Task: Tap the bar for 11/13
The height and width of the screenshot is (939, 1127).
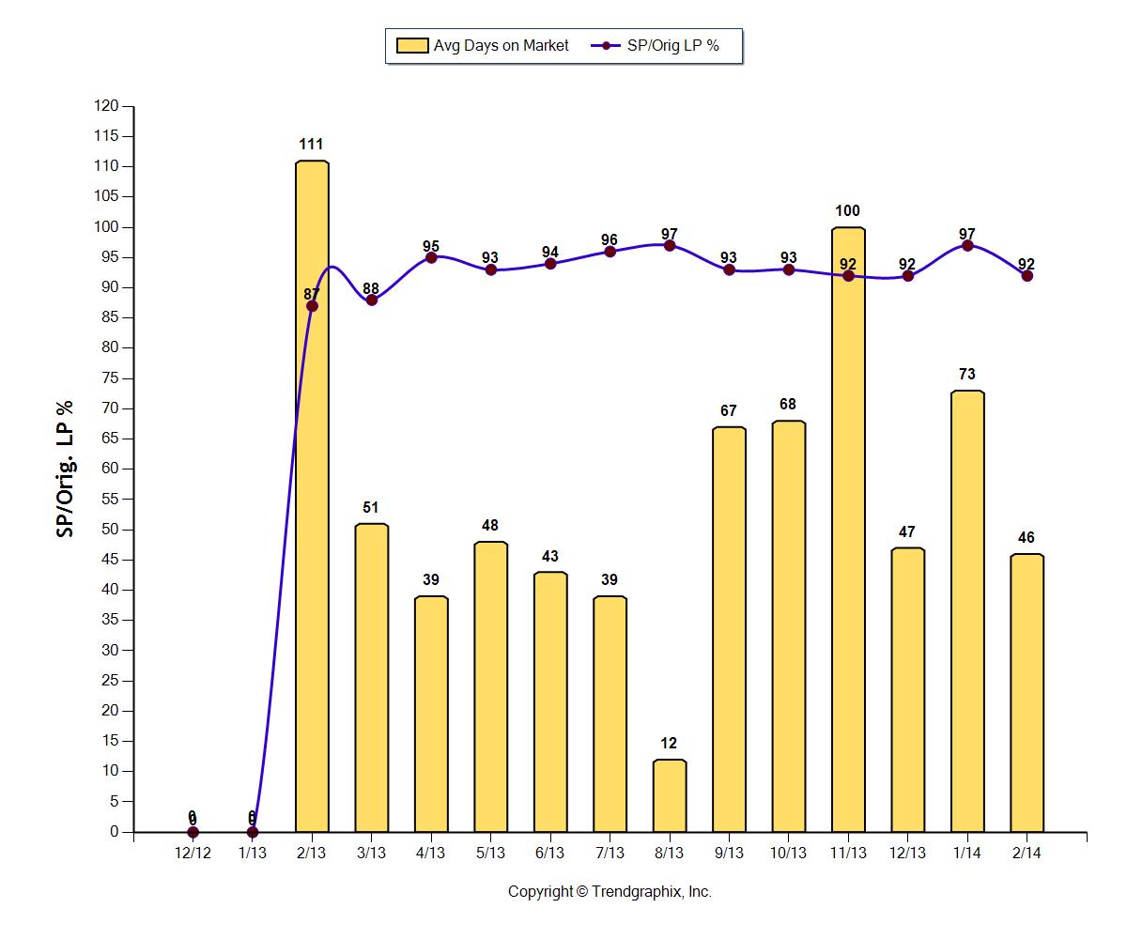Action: [x=848, y=563]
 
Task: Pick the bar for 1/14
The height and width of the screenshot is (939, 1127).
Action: [x=967, y=610]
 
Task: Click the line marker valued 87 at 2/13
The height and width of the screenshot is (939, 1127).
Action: [x=312, y=306]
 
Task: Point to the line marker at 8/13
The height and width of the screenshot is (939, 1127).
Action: [x=670, y=246]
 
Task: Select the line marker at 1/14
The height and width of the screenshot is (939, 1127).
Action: [x=967, y=246]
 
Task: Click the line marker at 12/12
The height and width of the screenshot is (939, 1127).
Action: [x=193, y=832]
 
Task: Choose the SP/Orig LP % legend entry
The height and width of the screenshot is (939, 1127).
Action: [x=657, y=45]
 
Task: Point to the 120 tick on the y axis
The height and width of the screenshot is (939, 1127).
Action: [x=107, y=106]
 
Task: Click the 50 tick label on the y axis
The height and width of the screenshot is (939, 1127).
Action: [x=111, y=530]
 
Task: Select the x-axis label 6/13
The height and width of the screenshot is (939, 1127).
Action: [x=549, y=853]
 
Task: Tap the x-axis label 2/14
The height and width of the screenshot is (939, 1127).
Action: [x=1027, y=853]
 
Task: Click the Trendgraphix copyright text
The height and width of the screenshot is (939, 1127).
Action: [x=610, y=892]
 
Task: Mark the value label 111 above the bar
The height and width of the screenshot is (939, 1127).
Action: [x=312, y=145]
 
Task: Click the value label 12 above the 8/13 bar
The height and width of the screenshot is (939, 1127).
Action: [x=670, y=744]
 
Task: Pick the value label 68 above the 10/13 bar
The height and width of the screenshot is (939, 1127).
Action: [x=788, y=405]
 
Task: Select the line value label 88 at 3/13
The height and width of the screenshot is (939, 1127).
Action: [x=371, y=288]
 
